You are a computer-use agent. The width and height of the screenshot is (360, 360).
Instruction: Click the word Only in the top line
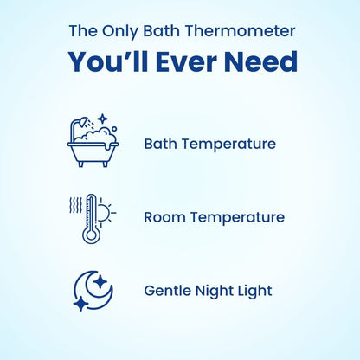(x=119, y=32)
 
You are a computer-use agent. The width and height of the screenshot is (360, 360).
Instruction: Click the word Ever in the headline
(x=187, y=62)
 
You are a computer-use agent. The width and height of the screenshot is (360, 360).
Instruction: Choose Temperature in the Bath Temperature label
(x=227, y=144)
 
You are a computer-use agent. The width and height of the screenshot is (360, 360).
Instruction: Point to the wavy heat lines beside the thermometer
(x=74, y=205)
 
